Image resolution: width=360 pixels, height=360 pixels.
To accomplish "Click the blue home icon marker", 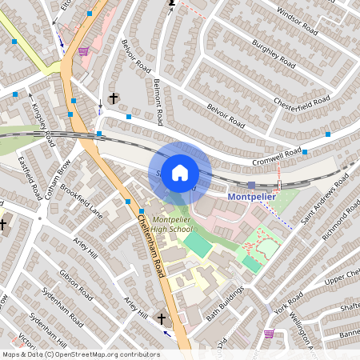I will (180, 173).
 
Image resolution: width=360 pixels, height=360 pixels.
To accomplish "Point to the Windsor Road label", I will (297, 23).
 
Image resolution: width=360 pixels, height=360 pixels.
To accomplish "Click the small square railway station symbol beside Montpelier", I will (251, 185).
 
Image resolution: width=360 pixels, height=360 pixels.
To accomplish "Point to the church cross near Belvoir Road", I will (114, 98).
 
